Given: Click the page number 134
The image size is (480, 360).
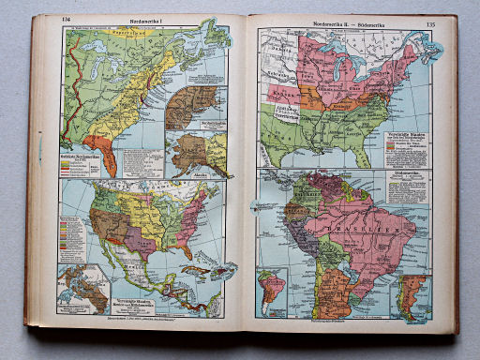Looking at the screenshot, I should tap(66, 21).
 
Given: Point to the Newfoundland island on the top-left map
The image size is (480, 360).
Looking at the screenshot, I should tap(217, 37).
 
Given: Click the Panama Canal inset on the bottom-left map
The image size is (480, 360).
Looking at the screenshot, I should tap(82, 289).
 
